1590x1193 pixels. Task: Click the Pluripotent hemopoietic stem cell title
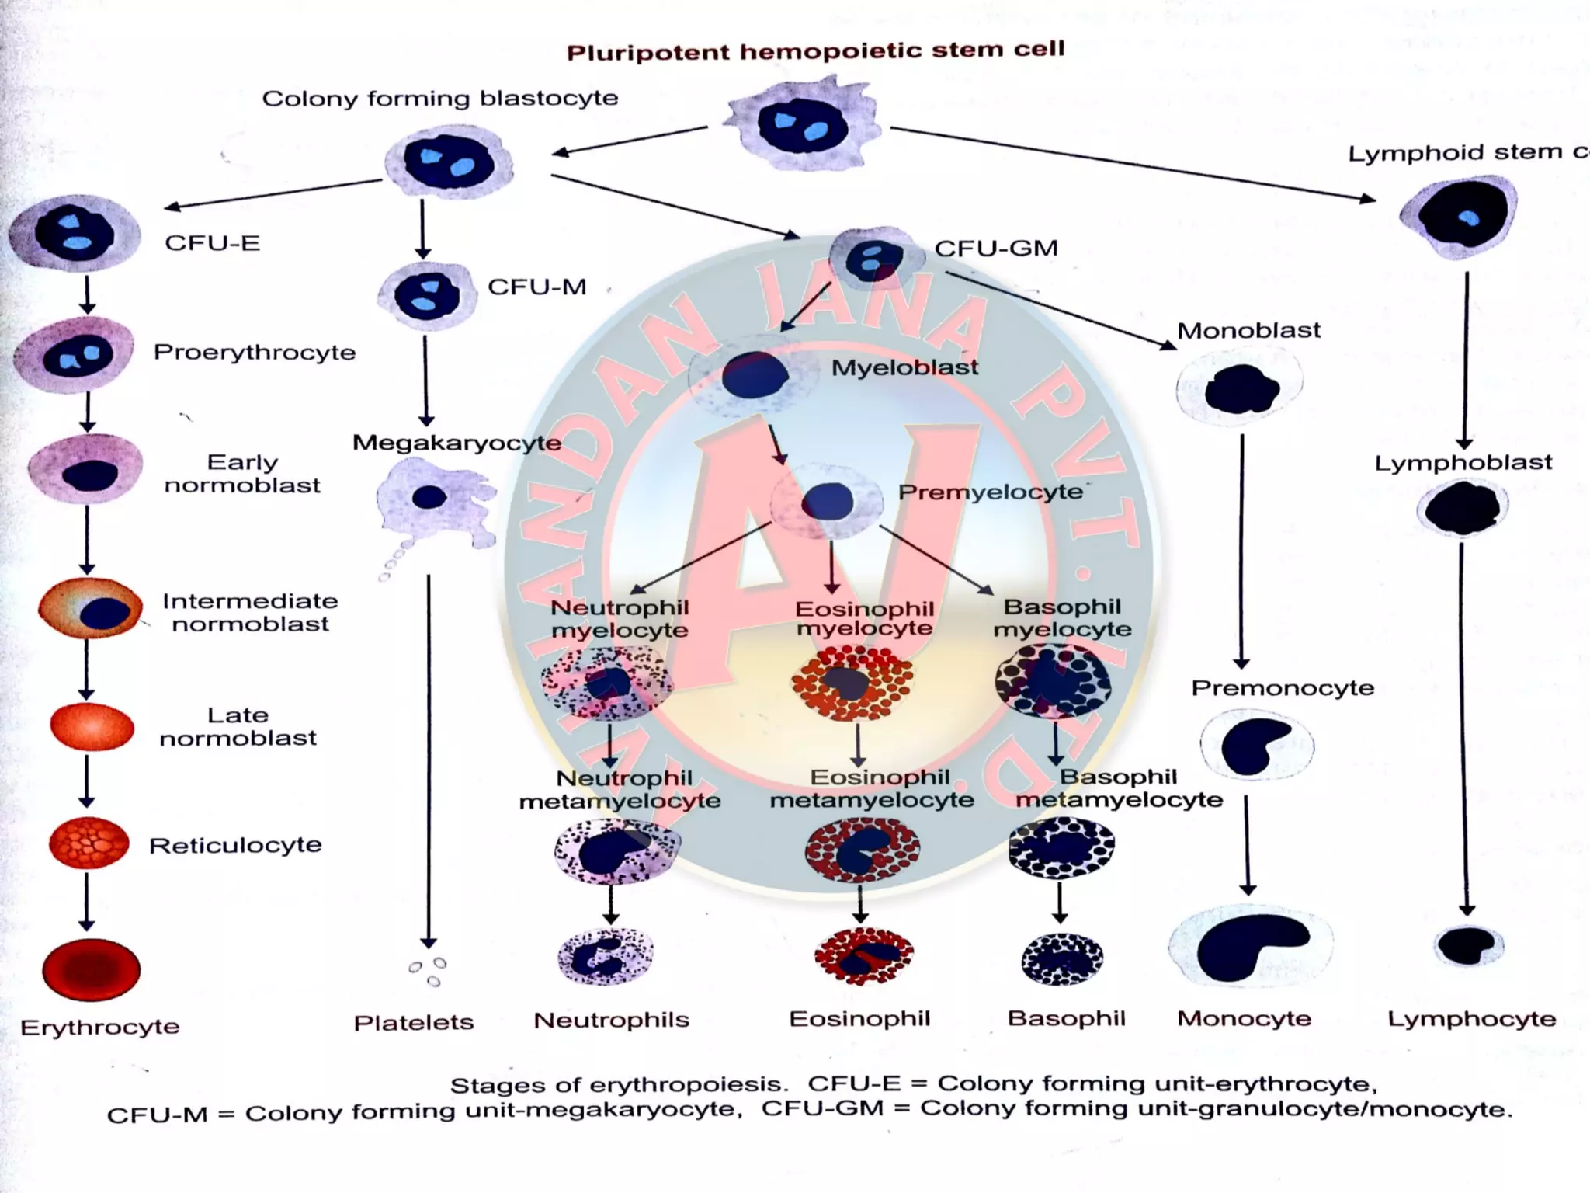tap(815, 51)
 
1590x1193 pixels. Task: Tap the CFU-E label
tap(212, 243)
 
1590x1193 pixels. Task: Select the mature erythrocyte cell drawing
tap(92, 969)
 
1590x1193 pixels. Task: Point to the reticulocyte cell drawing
tap(89, 843)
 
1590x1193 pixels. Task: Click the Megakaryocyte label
tap(457, 443)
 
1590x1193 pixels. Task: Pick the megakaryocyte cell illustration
tap(435, 501)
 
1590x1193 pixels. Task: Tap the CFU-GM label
tap(996, 249)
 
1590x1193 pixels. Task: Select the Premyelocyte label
tap(990, 492)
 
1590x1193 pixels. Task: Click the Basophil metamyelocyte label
tap(1119, 788)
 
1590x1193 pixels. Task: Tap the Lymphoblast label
tap(1463, 463)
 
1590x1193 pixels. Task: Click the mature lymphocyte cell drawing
tap(1467, 945)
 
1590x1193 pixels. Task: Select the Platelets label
tap(413, 1022)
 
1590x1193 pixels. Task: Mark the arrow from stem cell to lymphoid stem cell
tap(1133, 164)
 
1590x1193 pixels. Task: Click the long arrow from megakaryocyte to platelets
tap(429, 761)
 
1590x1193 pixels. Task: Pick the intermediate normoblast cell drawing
tap(92, 610)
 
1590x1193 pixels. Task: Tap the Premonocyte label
tap(1283, 688)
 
